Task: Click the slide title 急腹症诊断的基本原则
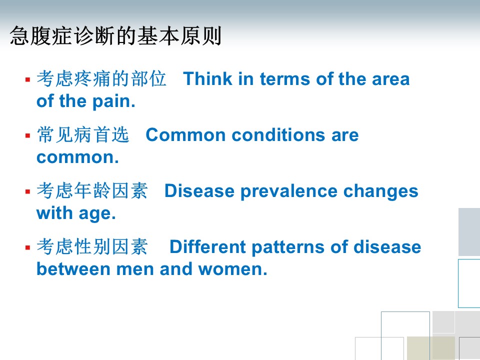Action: coord(115,36)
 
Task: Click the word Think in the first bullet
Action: coord(207,78)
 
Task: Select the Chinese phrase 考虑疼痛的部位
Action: coord(101,78)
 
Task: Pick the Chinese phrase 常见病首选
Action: coord(83,134)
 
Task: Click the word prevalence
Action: coord(289,191)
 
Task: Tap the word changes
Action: coord(380,191)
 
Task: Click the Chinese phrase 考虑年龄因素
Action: coord(92,190)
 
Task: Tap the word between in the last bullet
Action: coord(73,269)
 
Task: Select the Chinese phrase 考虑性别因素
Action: coord(92,246)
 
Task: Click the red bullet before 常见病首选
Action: coord(28,135)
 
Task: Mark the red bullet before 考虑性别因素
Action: coord(28,247)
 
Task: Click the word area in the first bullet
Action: coord(390,79)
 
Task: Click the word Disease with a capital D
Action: coord(199,191)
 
